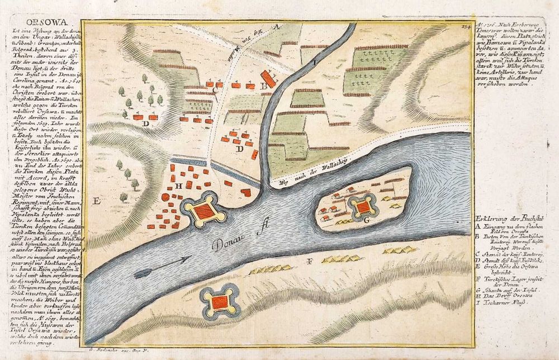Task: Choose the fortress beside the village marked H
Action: pos(202,212)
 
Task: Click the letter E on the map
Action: pos(97,200)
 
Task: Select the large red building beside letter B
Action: pos(268,79)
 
